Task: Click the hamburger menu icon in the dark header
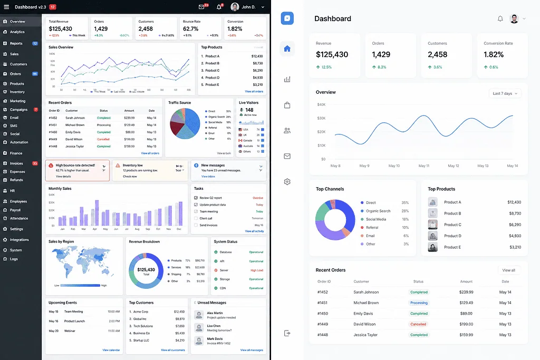click(6, 7)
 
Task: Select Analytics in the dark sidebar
click(17, 32)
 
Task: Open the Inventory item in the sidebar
click(17, 92)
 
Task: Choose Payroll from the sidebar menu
click(15, 210)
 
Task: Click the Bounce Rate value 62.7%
click(190, 29)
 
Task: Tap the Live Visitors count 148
click(249, 110)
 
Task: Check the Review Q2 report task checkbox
click(196, 198)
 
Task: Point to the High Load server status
click(257, 270)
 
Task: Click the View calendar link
click(111, 350)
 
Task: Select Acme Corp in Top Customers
click(140, 312)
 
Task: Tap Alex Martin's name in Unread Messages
click(214, 313)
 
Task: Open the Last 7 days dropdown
click(505, 93)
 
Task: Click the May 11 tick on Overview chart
click(423, 166)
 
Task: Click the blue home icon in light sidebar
click(287, 49)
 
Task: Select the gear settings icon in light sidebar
click(287, 182)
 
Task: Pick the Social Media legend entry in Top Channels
click(375, 219)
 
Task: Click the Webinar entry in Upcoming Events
click(70, 330)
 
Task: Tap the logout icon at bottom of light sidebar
click(287, 333)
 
